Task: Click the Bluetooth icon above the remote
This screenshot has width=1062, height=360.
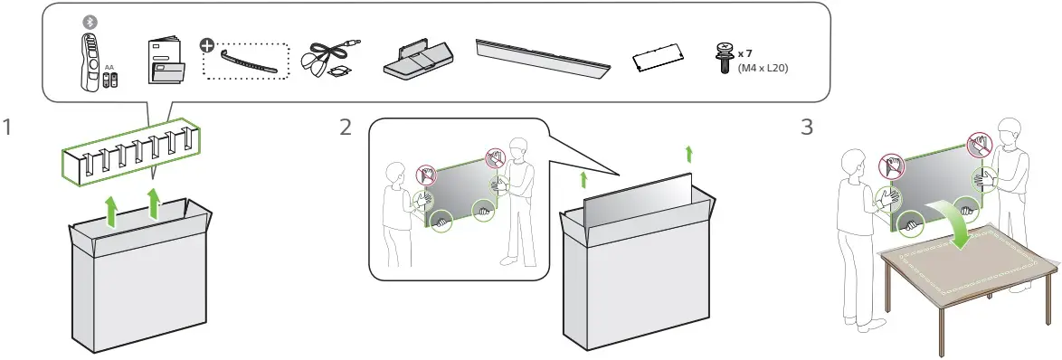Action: [x=89, y=21]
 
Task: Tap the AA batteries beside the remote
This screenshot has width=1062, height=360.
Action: [x=109, y=80]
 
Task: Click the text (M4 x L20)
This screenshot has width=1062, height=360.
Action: [x=763, y=67]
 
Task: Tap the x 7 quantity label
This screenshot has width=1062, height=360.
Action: [x=746, y=53]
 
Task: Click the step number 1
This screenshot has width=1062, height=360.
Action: [x=9, y=128]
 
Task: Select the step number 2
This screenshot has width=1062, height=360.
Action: [x=345, y=128]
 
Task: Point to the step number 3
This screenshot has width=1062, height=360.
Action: [x=807, y=128]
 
